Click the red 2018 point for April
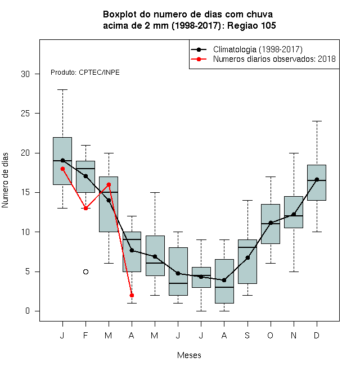[132, 295]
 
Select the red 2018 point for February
[85, 208]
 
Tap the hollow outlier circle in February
[85, 272]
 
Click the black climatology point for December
[317, 179]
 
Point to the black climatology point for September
[247, 257]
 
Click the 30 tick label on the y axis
[25, 74]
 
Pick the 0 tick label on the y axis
[28, 311]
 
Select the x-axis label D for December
[317, 335]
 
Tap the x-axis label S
[247, 335]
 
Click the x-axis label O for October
[270, 335]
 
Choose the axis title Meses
[189, 355]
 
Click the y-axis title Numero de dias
[5, 180]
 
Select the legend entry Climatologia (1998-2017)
[258, 49]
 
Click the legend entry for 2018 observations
[274, 59]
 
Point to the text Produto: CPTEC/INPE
[85, 73]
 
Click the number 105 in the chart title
[268, 25]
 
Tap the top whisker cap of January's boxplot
[63, 90]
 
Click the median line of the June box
[178, 283]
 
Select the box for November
[294, 212]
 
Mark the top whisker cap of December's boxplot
[317, 121]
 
